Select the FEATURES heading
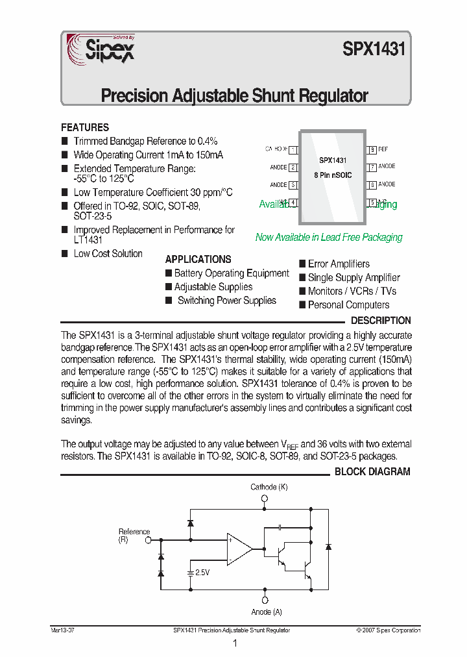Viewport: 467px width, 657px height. point(85,128)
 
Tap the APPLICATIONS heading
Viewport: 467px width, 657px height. point(198,259)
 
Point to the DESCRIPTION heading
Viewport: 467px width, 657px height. point(381,321)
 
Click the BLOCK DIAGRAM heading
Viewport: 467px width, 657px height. point(372,472)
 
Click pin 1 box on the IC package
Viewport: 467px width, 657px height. point(293,149)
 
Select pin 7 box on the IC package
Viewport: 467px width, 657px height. point(372,167)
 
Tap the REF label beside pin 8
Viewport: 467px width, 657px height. point(383,149)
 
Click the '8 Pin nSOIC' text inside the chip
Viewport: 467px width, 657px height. point(332,175)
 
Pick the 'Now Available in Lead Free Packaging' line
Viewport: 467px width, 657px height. point(329,238)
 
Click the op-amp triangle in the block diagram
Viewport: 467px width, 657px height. point(239,549)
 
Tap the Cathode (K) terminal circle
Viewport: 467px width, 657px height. point(265,499)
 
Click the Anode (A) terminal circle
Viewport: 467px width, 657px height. point(265,600)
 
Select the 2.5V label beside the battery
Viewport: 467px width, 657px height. point(202,573)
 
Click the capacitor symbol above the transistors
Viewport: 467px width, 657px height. point(280,527)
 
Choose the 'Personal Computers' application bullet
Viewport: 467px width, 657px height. point(348,305)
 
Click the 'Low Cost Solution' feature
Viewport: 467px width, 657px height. point(108,254)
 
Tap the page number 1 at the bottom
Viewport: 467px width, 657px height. point(234,643)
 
